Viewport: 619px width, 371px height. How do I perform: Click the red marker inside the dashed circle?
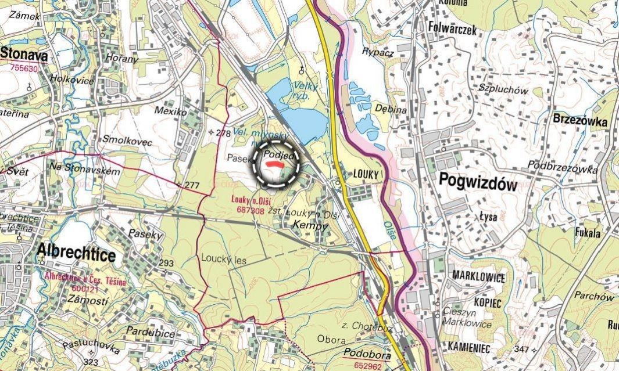point(274,165)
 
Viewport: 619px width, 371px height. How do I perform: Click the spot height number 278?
point(224,133)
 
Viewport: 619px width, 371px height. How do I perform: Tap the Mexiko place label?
point(170,110)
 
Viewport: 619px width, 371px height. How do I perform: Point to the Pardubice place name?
point(151,333)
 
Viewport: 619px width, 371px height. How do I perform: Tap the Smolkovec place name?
point(127,141)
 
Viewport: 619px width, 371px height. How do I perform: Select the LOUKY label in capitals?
point(366,174)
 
